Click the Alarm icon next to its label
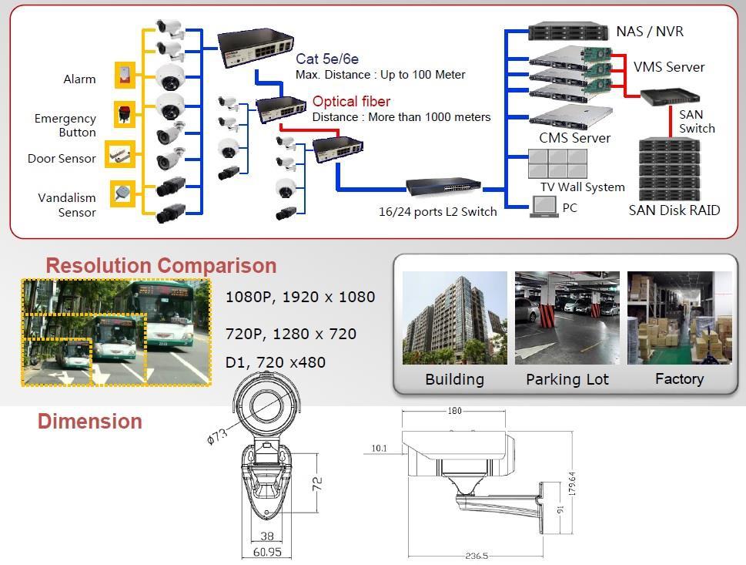click(x=124, y=75)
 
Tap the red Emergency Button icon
click(x=124, y=113)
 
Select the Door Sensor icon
click(x=121, y=153)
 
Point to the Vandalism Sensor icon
click(x=123, y=193)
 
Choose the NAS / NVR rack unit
click(x=564, y=32)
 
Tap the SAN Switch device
click(x=671, y=97)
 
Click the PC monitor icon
click(x=545, y=206)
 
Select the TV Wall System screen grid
click(x=557, y=164)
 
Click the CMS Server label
click(x=574, y=138)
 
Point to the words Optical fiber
click(x=351, y=102)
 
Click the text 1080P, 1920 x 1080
click(x=299, y=297)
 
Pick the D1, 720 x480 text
click(x=275, y=362)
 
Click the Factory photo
click(x=678, y=318)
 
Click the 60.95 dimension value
click(x=266, y=552)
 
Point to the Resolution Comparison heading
click(x=161, y=265)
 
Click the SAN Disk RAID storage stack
click(x=669, y=169)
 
